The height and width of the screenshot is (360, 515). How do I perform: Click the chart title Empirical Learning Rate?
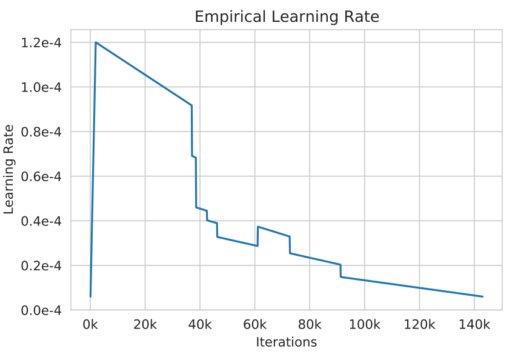pyautogui.click(x=287, y=17)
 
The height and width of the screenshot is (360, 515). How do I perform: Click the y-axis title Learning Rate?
pyautogui.click(x=9, y=169)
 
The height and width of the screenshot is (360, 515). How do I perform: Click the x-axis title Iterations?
pyautogui.click(x=286, y=342)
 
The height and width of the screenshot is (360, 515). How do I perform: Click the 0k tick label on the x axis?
pyautogui.click(x=90, y=325)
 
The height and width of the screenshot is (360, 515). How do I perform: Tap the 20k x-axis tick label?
pyautogui.click(x=145, y=325)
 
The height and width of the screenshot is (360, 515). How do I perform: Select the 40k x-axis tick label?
pyautogui.click(x=200, y=325)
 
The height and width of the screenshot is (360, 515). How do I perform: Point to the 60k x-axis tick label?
pyautogui.click(x=254, y=325)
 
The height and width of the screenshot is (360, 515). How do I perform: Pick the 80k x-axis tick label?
pyautogui.click(x=310, y=325)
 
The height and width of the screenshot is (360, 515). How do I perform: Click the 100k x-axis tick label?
pyautogui.click(x=364, y=325)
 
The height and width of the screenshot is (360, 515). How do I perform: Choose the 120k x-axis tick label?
pyautogui.click(x=419, y=325)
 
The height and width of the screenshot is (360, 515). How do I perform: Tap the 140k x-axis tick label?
pyautogui.click(x=474, y=325)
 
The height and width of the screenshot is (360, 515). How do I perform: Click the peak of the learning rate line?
pyautogui.click(x=96, y=42)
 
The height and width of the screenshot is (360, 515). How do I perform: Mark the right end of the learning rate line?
pyautogui.click(x=482, y=296)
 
